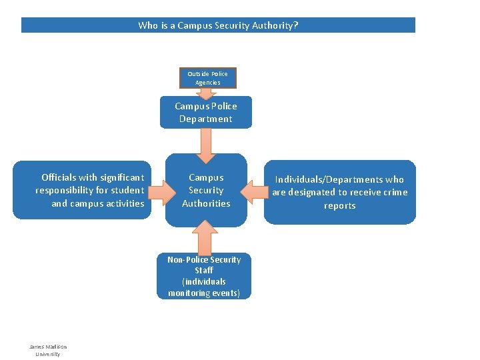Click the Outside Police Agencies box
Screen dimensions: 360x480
[207, 77]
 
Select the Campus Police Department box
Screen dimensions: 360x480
[206, 113]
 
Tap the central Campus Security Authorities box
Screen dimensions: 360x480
[206, 190]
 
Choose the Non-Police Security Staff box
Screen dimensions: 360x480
[204, 276]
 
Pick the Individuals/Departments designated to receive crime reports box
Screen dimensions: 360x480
[339, 192]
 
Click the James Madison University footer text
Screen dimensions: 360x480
[47, 350]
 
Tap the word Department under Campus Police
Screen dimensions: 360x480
[206, 119]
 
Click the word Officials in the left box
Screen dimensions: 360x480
[59, 177]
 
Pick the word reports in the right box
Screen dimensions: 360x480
[339, 205]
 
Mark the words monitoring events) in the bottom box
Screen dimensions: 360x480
[204, 293]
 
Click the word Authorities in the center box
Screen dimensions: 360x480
[206, 203]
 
